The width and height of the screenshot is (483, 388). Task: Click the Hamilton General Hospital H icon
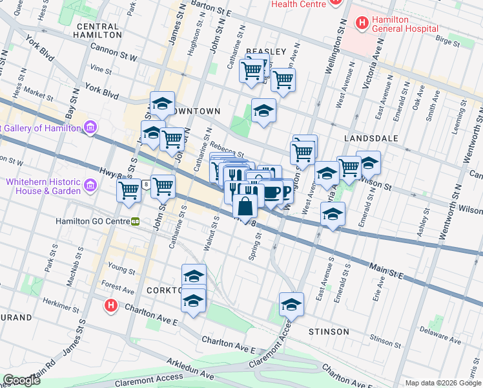362,24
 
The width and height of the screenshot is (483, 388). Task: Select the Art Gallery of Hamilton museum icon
90,127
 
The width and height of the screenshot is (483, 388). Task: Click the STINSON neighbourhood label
329,332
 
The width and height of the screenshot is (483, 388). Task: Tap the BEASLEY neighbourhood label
265,52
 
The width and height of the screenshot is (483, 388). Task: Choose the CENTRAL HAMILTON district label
98,30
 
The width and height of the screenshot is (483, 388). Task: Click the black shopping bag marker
245,207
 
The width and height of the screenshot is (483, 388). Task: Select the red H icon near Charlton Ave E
111,304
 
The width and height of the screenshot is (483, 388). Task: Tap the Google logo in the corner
22,381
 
